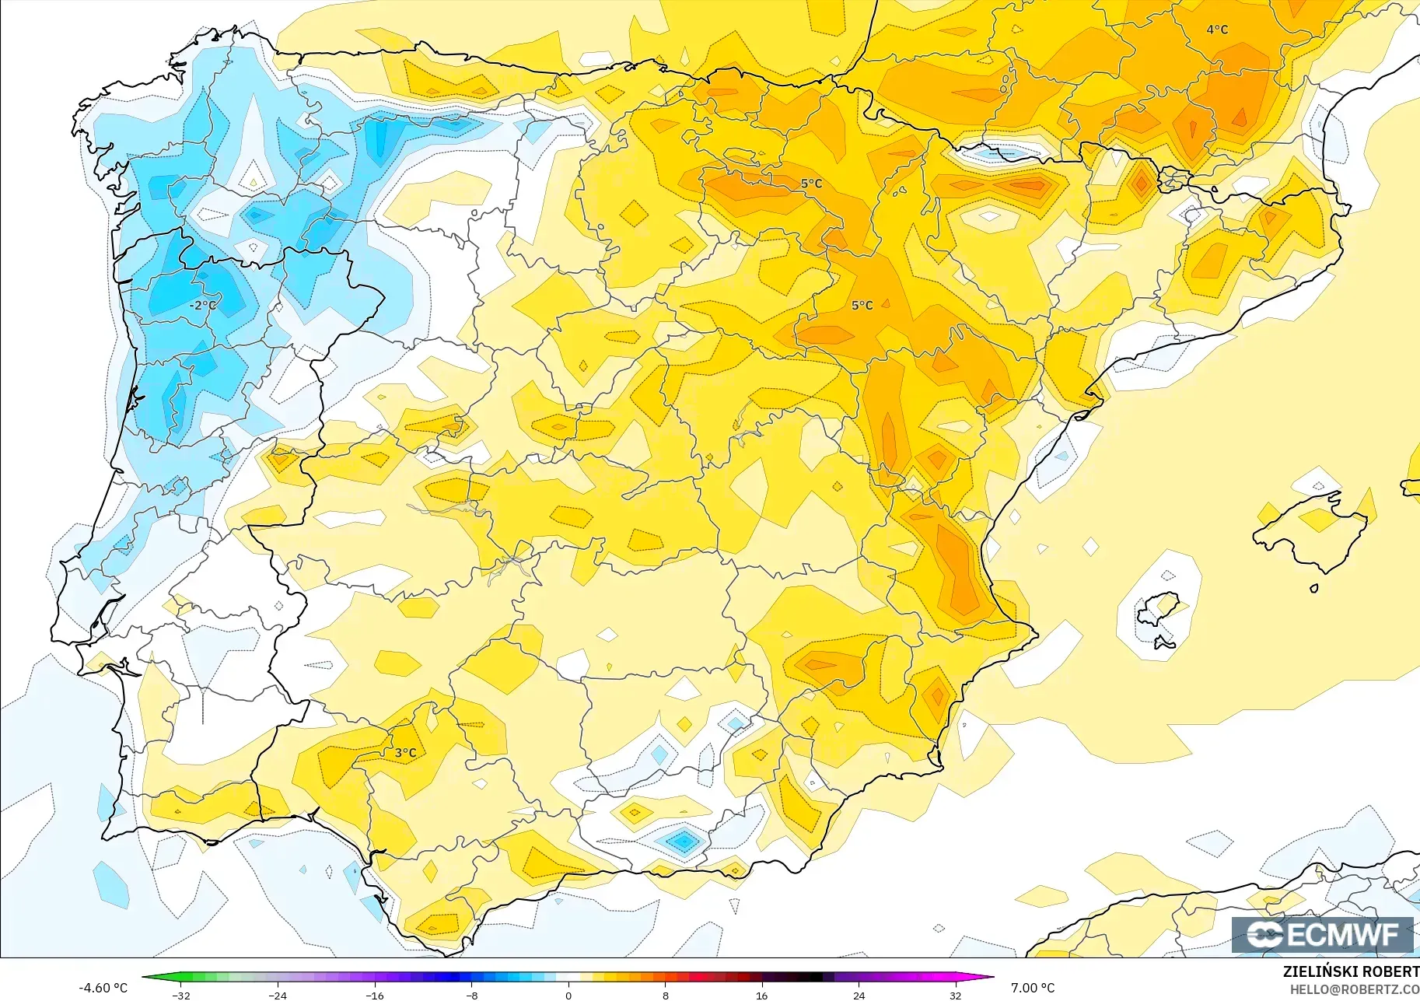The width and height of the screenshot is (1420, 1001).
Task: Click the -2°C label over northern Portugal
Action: [203, 305]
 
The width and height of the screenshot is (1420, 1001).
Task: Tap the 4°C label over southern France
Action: [1217, 30]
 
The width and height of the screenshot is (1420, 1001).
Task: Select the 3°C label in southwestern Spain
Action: [405, 752]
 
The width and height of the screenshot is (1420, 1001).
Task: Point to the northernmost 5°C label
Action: [811, 184]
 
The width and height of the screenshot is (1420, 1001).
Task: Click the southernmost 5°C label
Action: [862, 305]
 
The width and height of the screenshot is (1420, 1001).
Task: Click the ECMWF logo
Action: [1322, 934]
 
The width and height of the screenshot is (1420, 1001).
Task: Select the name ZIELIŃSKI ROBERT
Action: [1351, 971]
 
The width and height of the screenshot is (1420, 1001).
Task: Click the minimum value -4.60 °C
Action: [103, 988]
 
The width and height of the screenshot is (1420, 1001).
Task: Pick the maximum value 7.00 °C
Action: [1033, 988]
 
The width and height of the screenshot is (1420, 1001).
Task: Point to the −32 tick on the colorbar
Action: [181, 995]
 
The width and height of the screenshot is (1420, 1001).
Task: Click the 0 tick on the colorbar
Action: [568, 995]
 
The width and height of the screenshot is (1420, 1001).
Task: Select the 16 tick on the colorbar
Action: [761, 995]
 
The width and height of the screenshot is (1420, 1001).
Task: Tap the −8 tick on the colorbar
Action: [472, 995]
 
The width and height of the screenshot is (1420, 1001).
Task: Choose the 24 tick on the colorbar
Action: [859, 995]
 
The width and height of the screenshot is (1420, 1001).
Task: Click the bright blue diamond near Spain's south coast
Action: [683, 841]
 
